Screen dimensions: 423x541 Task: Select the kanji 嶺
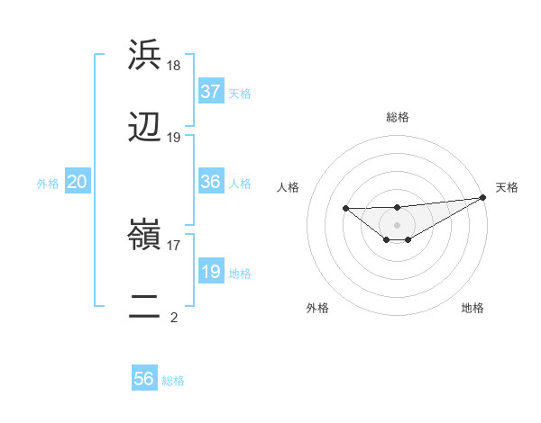click(144, 234)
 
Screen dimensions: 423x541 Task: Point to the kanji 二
click(144, 307)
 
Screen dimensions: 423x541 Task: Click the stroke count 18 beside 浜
click(174, 65)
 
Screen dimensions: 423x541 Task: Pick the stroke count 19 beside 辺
click(174, 138)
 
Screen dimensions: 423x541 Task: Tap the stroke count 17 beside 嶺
click(174, 244)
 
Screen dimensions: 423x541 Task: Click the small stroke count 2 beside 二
click(174, 317)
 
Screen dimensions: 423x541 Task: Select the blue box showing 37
click(211, 92)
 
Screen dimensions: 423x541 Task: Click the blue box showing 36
click(211, 182)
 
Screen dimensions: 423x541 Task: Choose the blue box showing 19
click(211, 272)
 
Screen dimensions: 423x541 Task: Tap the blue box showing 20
click(78, 182)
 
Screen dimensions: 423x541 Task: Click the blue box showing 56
click(144, 379)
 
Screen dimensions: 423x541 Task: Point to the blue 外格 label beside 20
click(48, 184)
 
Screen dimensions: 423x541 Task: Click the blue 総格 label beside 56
click(173, 381)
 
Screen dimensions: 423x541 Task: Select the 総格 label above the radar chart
click(397, 117)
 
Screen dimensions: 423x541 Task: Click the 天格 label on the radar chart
click(507, 187)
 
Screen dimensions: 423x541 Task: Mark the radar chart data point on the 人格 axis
click(346, 209)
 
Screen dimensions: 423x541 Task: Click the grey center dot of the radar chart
click(397, 224)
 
